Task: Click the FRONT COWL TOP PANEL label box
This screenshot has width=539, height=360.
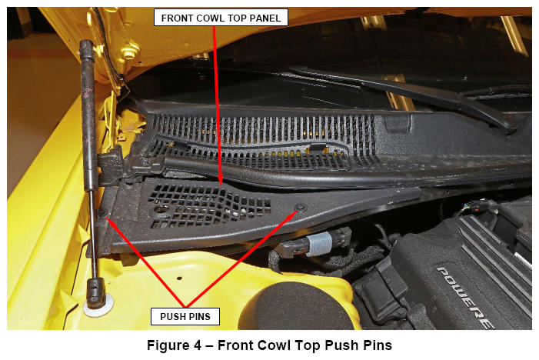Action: point(221,18)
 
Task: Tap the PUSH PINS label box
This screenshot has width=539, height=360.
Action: point(185,316)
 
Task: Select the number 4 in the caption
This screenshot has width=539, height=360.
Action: point(197,345)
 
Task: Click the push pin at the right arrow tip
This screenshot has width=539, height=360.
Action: point(301,208)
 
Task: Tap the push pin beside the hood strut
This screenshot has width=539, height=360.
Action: point(102,213)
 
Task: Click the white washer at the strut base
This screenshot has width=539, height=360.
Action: point(98,306)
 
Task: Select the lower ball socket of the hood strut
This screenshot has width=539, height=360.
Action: point(96,292)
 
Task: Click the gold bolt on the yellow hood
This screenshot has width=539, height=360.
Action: point(130,52)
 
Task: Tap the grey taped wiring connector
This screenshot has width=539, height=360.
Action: point(320,244)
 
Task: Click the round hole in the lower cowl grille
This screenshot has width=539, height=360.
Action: point(160,209)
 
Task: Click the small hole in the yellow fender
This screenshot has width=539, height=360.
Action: point(179,278)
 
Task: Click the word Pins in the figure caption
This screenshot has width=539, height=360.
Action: point(378,345)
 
